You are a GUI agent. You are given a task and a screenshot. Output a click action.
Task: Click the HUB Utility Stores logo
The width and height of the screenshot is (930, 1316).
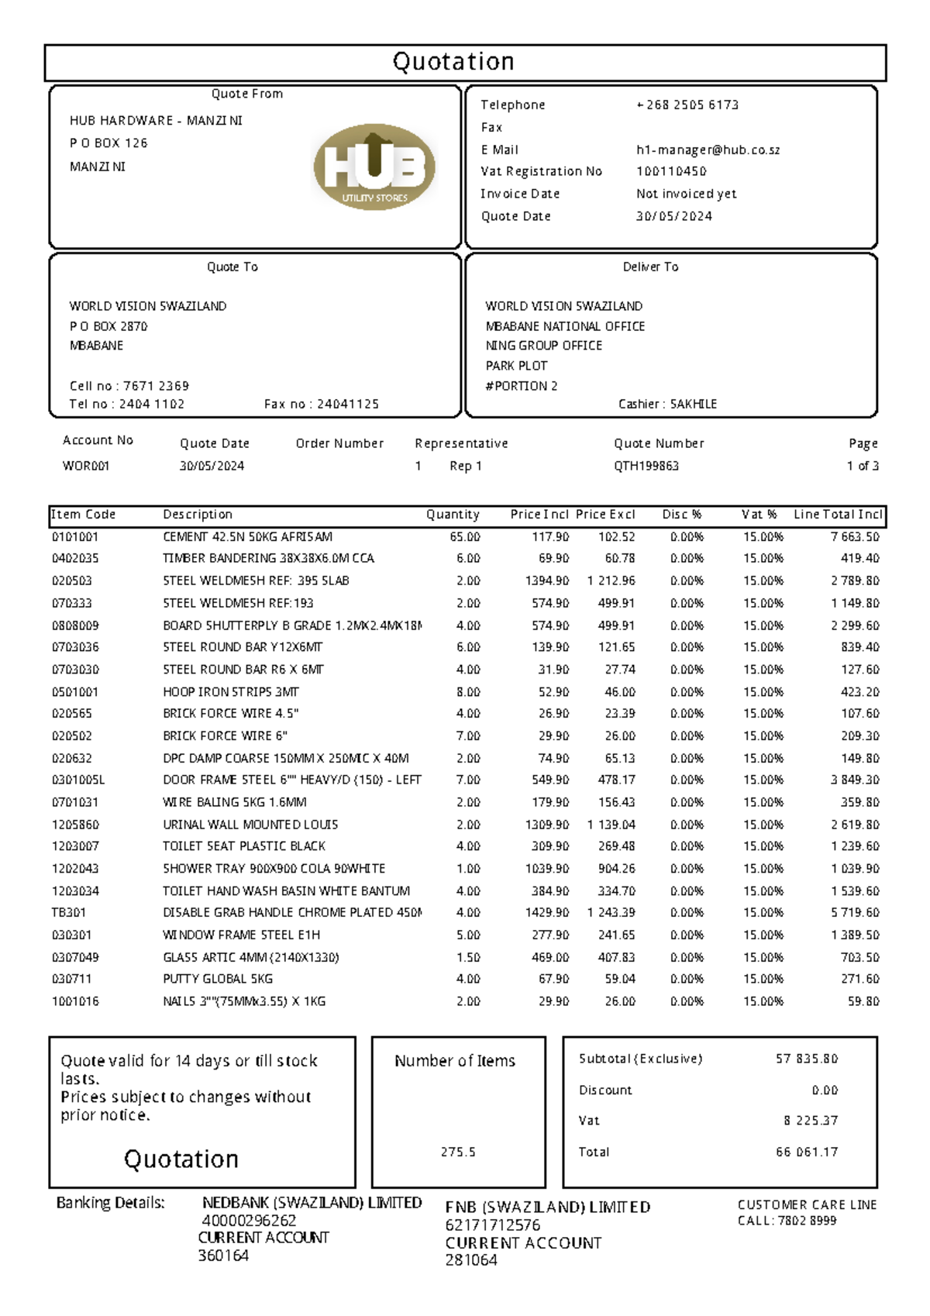(374, 167)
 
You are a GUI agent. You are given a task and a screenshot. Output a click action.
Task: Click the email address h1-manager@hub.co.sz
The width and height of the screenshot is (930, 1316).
(708, 150)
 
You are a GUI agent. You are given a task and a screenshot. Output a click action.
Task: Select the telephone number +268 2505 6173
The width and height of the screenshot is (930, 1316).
(687, 105)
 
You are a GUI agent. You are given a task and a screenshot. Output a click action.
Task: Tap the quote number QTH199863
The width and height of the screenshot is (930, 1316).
(646, 466)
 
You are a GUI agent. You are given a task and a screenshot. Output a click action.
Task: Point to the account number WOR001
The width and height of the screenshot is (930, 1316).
(86, 466)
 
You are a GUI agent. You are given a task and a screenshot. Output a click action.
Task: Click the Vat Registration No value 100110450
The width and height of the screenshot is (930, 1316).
(671, 171)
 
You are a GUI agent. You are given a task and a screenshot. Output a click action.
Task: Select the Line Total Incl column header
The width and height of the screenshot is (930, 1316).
(838, 515)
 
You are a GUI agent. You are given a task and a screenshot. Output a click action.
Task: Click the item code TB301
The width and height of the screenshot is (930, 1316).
(69, 913)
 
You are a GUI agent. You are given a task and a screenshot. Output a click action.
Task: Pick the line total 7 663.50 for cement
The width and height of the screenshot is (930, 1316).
(855, 537)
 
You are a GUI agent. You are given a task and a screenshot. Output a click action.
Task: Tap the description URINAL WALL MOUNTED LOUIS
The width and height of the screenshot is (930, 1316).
(250, 825)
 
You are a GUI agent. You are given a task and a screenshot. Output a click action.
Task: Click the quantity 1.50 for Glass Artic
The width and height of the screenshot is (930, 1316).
(468, 958)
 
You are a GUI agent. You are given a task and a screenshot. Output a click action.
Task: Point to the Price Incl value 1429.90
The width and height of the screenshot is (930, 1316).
(547, 913)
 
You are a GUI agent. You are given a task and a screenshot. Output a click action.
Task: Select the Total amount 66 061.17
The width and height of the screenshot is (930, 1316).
(807, 1152)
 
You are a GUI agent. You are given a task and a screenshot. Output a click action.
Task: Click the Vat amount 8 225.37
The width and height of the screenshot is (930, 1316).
(811, 1121)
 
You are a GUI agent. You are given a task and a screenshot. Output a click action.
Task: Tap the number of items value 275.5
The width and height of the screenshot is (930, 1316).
(458, 1152)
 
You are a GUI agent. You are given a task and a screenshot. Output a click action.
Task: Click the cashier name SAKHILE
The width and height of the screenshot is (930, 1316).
(694, 404)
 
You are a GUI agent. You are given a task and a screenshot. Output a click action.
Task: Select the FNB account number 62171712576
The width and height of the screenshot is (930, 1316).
(492, 1225)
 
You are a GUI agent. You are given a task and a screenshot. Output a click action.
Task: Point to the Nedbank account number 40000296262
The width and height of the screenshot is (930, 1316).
(249, 1221)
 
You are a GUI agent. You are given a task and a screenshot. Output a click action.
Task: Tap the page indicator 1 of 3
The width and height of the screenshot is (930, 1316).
(863, 466)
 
